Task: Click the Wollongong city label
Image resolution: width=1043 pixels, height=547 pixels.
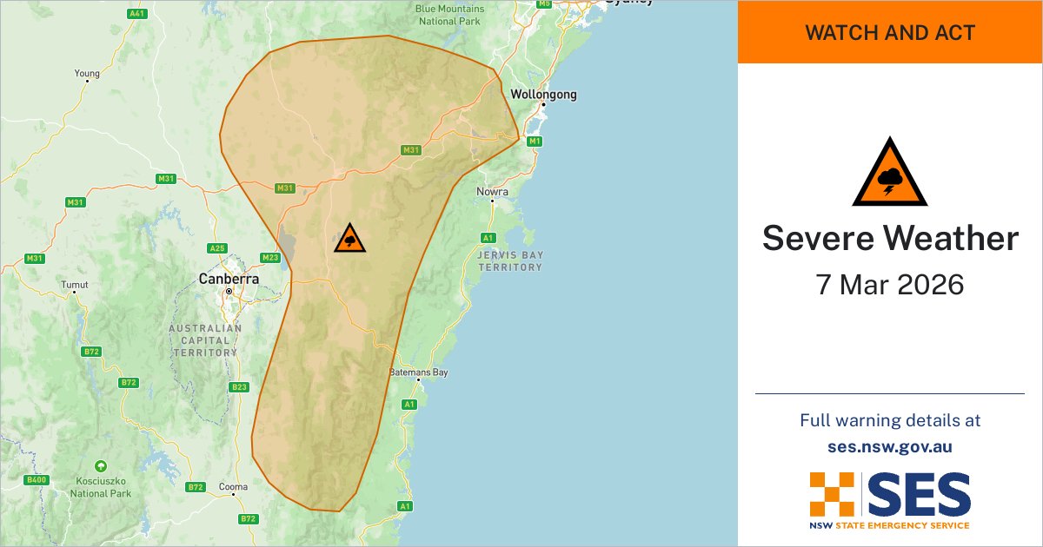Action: click(543, 95)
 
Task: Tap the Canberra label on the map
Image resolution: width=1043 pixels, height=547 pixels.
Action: click(229, 280)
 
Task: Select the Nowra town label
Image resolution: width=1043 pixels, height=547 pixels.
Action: click(492, 192)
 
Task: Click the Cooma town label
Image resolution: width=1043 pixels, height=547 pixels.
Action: click(233, 487)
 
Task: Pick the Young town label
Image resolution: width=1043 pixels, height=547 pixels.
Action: click(87, 74)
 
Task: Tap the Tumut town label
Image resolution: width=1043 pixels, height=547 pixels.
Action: click(75, 285)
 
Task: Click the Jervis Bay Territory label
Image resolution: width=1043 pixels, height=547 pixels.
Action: click(509, 260)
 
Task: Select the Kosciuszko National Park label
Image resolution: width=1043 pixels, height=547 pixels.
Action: click(101, 487)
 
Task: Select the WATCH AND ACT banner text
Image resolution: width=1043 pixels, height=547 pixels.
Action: click(890, 33)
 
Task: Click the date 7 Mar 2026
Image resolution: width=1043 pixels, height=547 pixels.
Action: click(890, 285)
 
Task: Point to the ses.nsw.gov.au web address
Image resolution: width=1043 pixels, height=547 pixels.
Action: click(890, 447)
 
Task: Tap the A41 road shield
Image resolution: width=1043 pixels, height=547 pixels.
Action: click(136, 15)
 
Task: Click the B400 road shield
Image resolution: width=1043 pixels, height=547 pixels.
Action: click(37, 480)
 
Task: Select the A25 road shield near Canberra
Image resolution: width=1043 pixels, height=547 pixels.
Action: click(216, 249)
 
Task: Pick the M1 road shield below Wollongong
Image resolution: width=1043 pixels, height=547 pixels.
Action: click(535, 141)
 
